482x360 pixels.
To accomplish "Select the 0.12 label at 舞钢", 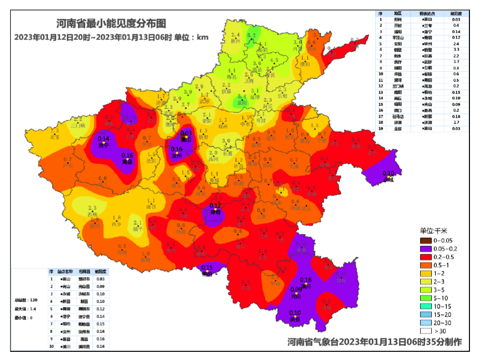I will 214,206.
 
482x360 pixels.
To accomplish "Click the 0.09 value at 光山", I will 296,290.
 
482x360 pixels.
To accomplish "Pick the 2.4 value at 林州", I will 236,35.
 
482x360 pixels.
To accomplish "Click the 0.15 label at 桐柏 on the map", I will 207,268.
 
